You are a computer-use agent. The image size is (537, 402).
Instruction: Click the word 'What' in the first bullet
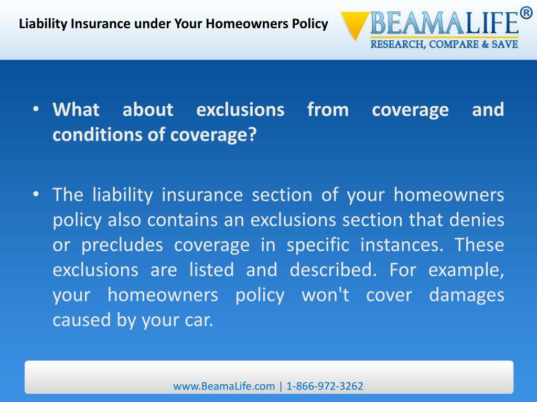click(76, 110)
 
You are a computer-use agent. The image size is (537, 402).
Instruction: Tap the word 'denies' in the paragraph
click(477, 220)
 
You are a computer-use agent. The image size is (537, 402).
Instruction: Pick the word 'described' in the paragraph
click(333, 270)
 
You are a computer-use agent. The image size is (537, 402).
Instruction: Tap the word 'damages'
click(466, 295)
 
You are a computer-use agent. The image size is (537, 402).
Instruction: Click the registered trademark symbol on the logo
click(525, 13)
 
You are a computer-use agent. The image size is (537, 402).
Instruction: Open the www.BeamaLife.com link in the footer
click(224, 386)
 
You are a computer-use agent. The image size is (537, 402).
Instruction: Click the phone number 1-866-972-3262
click(325, 386)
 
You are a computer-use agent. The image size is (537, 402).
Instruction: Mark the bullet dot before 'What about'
click(36, 110)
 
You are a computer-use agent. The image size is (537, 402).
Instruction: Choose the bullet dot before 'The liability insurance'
click(36, 195)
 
